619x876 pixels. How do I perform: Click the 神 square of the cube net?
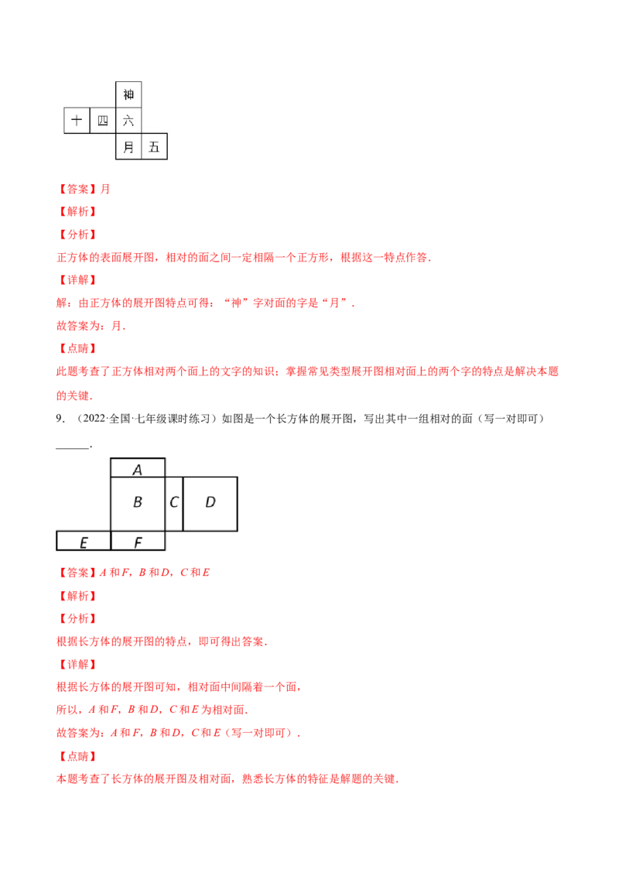pyautogui.click(x=128, y=94)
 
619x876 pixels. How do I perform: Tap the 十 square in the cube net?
pyautogui.click(x=77, y=121)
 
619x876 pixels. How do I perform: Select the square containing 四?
pyautogui.click(x=103, y=121)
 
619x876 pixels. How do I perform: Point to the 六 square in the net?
pyautogui.click(x=128, y=121)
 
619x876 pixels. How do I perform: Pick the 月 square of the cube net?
pyautogui.click(x=128, y=146)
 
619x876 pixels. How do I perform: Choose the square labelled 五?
pyautogui.click(x=154, y=146)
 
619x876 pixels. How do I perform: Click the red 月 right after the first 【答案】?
pyautogui.click(x=106, y=188)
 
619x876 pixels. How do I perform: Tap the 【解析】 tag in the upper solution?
pyautogui.click(x=77, y=211)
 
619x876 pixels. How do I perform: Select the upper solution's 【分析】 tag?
pyautogui.click(x=77, y=234)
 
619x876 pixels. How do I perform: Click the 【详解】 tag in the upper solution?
pyautogui.click(x=77, y=280)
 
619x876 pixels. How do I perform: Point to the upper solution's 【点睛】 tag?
pyautogui.click(x=77, y=349)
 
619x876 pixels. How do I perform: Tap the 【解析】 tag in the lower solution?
pyautogui.click(x=77, y=597)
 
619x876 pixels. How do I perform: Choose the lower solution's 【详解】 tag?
pyautogui.click(x=77, y=665)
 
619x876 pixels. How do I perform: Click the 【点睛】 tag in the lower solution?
pyautogui.click(x=77, y=756)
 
